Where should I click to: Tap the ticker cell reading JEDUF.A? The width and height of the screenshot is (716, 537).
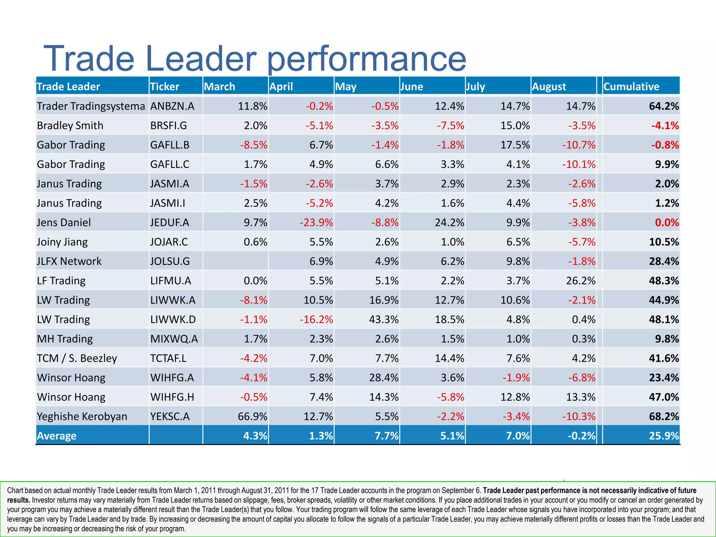(170, 222)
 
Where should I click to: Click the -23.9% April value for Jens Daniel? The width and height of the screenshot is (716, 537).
(316, 222)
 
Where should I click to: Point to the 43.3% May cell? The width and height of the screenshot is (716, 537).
(384, 320)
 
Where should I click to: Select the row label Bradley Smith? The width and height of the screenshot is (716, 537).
(70, 126)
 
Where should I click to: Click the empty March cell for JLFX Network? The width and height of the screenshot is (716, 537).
(235, 261)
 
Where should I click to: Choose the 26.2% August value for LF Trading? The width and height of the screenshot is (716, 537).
(580, 281)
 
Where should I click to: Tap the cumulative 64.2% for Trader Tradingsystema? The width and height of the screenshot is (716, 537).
(664, 106)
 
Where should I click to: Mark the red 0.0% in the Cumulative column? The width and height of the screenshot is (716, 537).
(667, 222)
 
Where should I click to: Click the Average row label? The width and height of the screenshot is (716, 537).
(57, 436)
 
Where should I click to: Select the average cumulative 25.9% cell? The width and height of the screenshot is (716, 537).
(664, 436)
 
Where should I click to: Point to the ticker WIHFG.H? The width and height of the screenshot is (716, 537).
(172, 397)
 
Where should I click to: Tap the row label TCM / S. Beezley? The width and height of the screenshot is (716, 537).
(77, 358)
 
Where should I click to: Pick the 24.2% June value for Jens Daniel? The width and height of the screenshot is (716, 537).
(449, 222)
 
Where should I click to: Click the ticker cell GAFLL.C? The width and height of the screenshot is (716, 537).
(170, 164)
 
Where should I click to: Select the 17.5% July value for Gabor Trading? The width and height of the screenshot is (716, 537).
(515, 145)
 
